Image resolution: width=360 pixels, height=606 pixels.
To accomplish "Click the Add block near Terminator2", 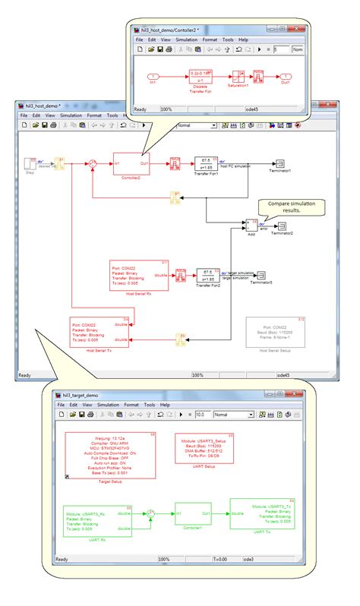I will [251, 226].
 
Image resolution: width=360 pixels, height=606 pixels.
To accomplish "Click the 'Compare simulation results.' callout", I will [290, 207].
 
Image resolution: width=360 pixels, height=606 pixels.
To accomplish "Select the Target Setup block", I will [111, 455].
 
